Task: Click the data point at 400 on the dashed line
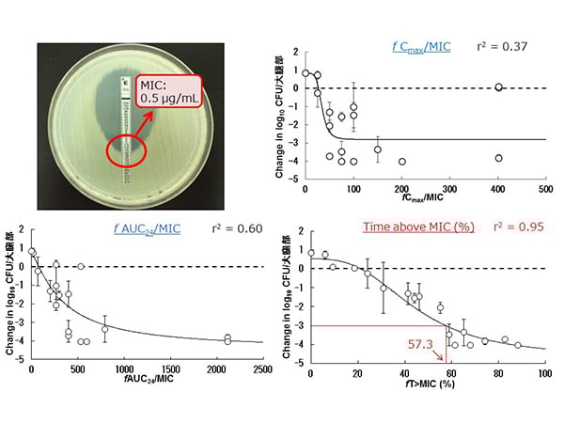pyautogui.click(x=499, y=87)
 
